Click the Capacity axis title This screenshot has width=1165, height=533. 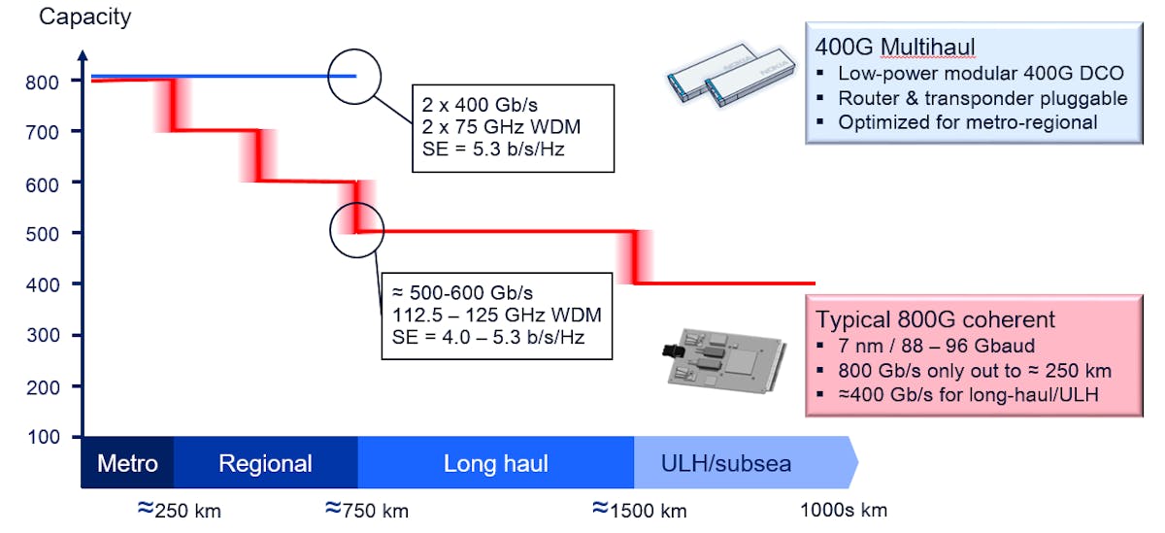pos(84,17)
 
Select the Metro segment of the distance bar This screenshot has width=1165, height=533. pos(127,463)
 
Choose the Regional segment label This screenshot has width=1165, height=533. pos(265,463)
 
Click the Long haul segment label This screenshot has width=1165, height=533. pos(495,463)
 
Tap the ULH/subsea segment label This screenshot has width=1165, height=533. pos(726,463)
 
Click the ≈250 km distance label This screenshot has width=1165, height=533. pos(180,510)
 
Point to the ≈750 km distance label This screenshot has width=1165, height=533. pos(366,510)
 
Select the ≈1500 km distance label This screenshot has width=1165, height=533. pos(640,510)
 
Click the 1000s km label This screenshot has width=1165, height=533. pos(843,510)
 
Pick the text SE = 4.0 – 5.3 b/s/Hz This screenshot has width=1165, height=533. pos(480,336)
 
